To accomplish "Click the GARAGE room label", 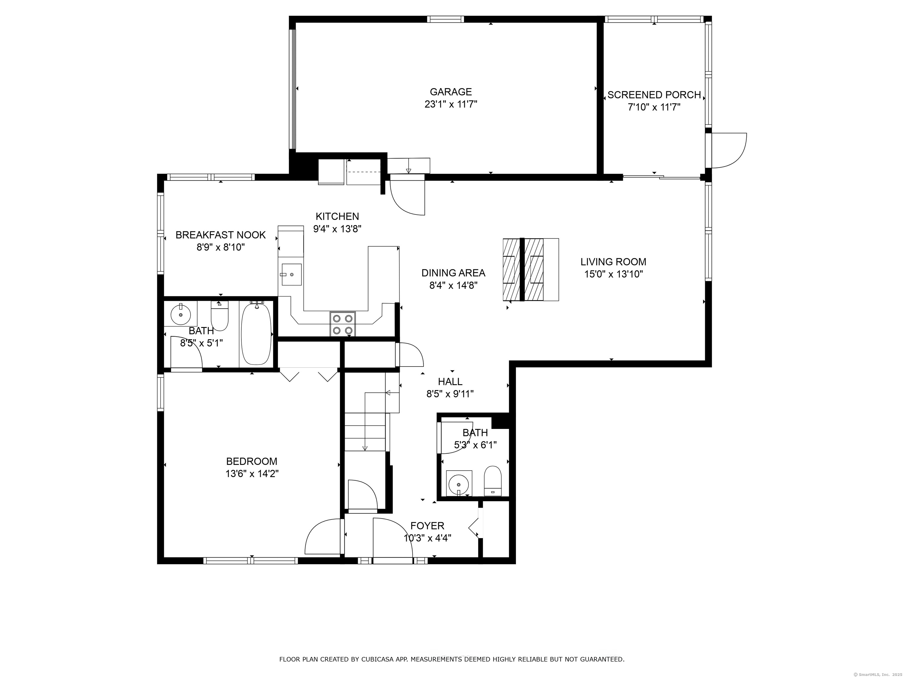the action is click(x=451, y=92).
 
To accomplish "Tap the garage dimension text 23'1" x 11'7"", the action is click(x=451, y=105).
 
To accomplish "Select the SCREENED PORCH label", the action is click(x=654, y=95).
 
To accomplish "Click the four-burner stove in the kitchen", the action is click(x=343, y=324).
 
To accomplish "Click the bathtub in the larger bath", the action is click(x=256, y=334).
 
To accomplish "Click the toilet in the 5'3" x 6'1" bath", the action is click(x=492, y=481).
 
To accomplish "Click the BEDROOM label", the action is click(x=252, y=461).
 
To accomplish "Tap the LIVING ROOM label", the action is click(x=613, y=262).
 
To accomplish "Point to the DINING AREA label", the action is click(x=453, y=273).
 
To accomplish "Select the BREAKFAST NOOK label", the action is click(x=221, y=235).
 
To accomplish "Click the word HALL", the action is click(x=450, y=382).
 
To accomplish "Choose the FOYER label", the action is click(x=427, y=526).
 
